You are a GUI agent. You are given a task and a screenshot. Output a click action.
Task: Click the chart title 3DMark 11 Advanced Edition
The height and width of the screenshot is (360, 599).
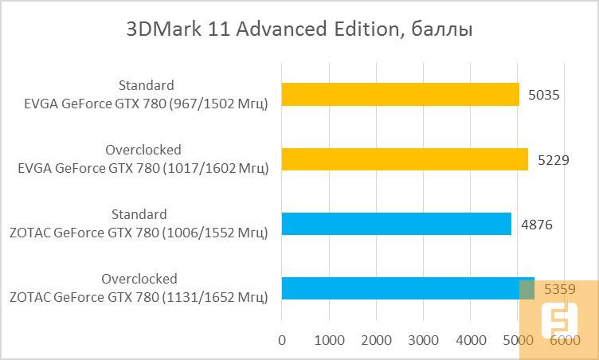click(x=299, y=30)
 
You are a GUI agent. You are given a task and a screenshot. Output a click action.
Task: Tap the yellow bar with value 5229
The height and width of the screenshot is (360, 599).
click(x=405, y=159)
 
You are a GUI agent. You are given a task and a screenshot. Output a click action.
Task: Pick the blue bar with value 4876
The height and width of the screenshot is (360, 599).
click(x=396, y=224)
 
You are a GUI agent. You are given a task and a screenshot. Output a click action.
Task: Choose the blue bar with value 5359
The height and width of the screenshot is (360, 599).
click(x=407, y=288)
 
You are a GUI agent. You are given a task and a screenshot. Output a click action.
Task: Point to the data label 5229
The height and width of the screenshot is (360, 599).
click(x=553, y=159)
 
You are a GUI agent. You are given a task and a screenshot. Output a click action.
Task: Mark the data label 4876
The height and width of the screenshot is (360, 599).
click(x=537, y=224)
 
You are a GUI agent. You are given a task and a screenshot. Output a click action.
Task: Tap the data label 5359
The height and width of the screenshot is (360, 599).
click(x=559, y=288)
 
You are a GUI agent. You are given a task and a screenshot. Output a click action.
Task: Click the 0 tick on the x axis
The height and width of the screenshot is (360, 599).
click(x=282, y=340)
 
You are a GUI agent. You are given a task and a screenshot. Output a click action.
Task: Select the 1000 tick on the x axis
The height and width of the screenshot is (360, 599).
click(x=329, y=340)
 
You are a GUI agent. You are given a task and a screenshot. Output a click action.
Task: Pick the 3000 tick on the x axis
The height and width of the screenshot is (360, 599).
click(x=423, y=340)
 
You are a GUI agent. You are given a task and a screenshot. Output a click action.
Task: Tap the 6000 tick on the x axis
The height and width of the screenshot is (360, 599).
click(x=564, y=340)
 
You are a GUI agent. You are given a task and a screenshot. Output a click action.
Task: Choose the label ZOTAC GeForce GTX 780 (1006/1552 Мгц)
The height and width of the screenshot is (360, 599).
click(x=139, y=232)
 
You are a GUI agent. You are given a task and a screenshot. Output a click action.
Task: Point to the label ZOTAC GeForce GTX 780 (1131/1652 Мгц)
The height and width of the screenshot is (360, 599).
click(x=139, y=296)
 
